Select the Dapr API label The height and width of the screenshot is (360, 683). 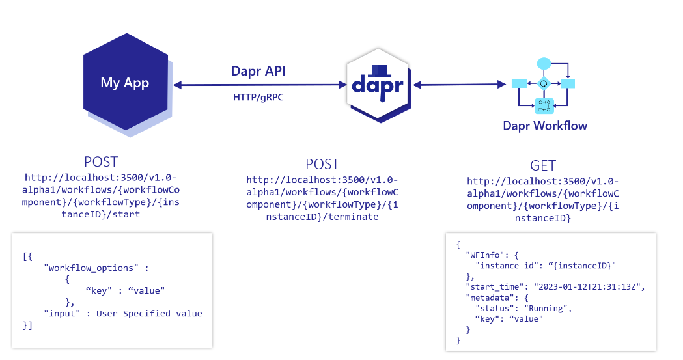pos(258,70)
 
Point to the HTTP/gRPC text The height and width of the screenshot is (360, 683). pos(258,97)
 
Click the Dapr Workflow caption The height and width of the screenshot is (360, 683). pos(544,126)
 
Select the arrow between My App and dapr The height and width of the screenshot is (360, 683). pos(259,84)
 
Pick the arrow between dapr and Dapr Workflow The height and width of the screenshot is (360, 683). pos(460,84)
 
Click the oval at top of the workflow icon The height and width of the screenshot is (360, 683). pos(544,63)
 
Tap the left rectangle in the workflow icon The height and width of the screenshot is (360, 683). pos(520,83)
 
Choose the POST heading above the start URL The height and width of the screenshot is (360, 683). pos(101,162)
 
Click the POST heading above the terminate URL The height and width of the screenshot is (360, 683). pos(322,164)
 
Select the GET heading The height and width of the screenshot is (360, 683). pos(543,165)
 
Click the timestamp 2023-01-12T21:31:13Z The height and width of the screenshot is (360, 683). pos(589,286)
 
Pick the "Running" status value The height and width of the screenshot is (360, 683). pos(547,308)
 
